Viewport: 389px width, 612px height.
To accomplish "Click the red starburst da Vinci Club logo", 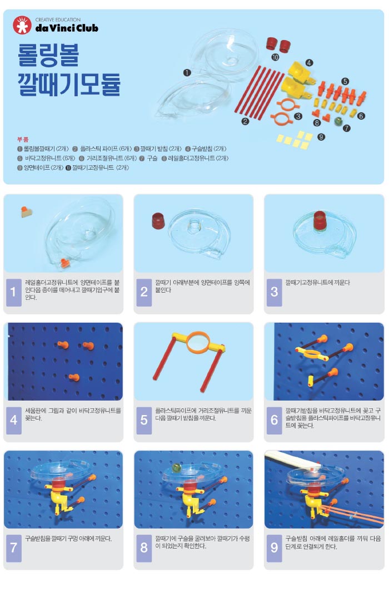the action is (22, 25).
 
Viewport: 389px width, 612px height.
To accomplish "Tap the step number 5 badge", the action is (144, 420).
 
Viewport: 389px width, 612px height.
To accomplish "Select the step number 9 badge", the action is (274, 548).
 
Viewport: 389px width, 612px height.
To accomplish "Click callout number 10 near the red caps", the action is (275, 57).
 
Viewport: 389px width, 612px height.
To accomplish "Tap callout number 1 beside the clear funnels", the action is (187, 72).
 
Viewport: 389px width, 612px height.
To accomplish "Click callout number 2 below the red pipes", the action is (245, 121).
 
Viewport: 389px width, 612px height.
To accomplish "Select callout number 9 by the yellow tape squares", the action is (321, 137).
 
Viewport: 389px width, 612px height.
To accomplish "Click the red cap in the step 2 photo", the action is (158, 221).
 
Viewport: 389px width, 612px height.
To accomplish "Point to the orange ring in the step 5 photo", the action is (198, 343).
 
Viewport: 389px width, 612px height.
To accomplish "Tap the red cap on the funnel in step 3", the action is (320, 220).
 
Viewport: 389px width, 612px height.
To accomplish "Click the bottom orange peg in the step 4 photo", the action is (74, 377).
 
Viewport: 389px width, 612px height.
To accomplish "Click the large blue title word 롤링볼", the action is (48, 55).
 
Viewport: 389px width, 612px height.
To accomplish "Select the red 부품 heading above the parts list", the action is (23, 139).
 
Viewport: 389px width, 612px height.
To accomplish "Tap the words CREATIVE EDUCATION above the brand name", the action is (58, 19).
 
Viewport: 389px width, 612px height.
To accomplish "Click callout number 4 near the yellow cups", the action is (309, 63).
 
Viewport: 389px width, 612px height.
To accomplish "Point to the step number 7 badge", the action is (14, 548).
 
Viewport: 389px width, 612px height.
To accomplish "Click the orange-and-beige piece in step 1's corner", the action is (26, 211).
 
